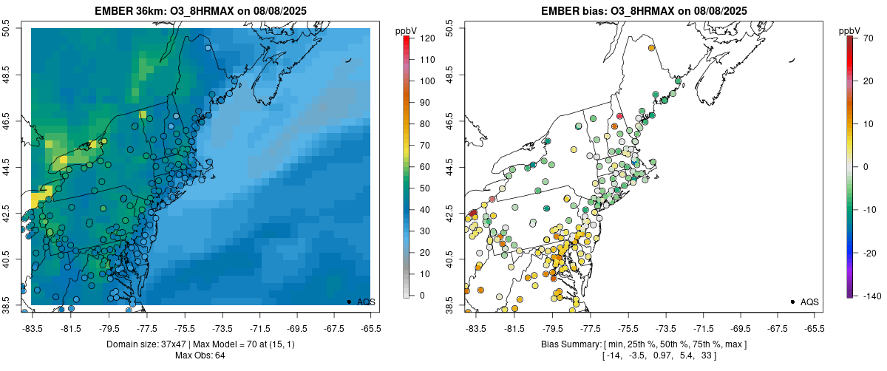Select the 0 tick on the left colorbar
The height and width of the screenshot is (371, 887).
point(422,296)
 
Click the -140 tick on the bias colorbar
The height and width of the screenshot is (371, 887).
point(866,296)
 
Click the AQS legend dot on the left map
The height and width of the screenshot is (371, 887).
point(349,302)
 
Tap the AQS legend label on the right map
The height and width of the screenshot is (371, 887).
point(810,302)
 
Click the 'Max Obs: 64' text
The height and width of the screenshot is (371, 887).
point(200,356)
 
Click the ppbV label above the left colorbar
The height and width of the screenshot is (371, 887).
point(406,30)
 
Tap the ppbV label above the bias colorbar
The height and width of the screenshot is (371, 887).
point(849,30)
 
